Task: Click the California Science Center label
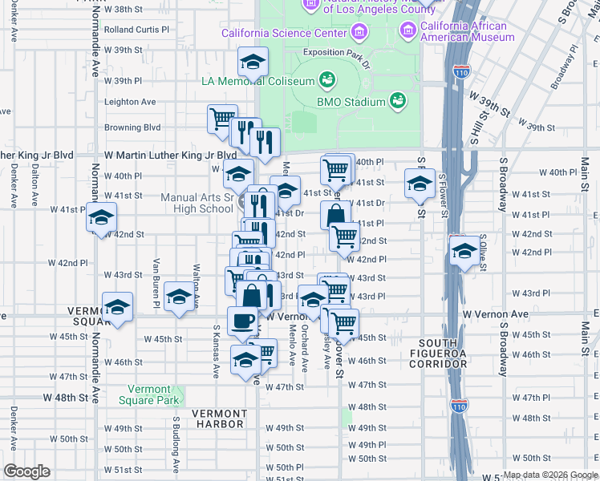point(285,34)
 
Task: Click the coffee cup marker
point(242,321)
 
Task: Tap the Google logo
point(26,471)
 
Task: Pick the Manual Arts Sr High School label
point(197,204)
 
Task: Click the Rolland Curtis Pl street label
point(143,30)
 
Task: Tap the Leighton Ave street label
point(131,102)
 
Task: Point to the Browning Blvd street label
point(132,127)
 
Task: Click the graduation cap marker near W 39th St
point(252,63)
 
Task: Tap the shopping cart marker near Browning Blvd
point(222,119)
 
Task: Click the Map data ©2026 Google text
point(549,475)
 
